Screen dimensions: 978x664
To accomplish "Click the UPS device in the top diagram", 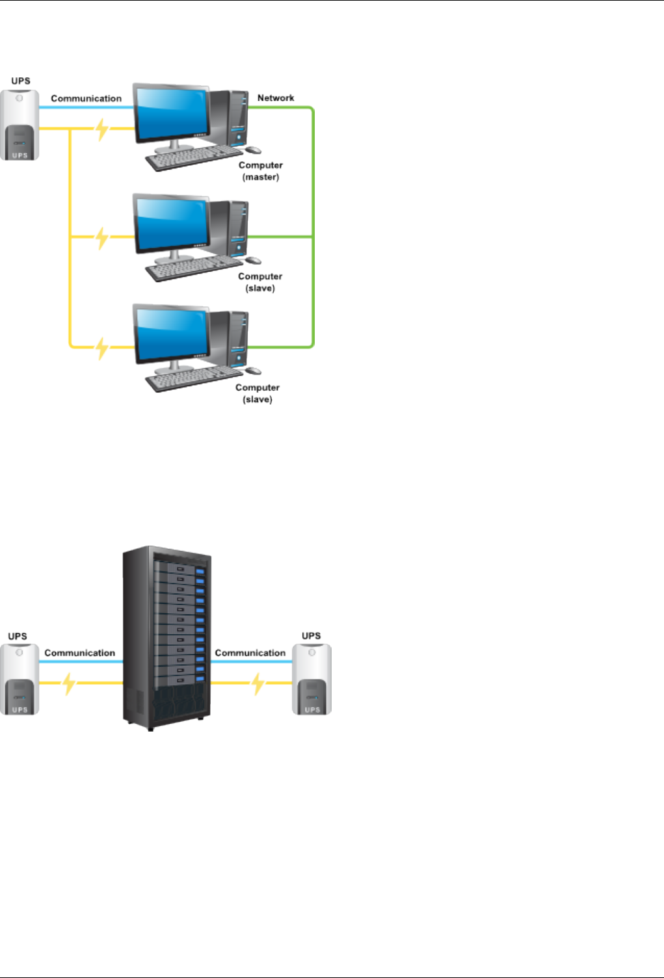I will pos(20,125).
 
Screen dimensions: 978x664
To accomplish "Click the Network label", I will pos(276,98).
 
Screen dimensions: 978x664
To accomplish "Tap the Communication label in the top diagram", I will pos(86,99).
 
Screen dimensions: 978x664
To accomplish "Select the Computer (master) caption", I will pos(261,171).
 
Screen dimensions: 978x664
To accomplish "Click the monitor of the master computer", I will pos(171,113).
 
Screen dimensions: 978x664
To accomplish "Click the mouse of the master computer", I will pos(253,151).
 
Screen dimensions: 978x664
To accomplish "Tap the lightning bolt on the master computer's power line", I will pos(102,129).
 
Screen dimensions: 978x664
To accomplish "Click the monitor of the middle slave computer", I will pos(171,224).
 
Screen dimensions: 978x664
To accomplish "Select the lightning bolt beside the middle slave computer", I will pos(102,238).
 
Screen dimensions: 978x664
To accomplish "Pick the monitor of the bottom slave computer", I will pos(171,334).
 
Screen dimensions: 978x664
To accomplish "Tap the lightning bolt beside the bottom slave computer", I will pos(102,349).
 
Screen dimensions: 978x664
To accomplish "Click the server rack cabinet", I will pos(167,637).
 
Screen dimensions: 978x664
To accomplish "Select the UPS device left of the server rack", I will pos(20,679).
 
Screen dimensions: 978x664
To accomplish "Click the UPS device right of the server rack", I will pos(312,679).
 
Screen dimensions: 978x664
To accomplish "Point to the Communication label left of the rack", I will pos(79,653).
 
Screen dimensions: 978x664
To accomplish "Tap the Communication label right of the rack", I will pos(250,653).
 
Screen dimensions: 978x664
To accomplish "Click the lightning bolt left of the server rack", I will pos(68,683).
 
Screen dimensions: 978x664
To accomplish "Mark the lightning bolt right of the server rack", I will pos(258,683).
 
